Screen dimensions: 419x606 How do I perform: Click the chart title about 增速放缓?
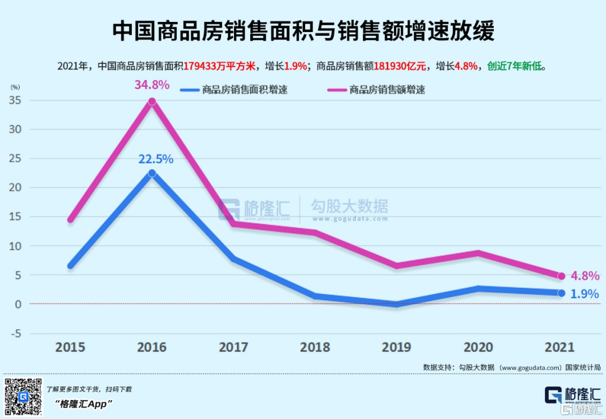[303, 31]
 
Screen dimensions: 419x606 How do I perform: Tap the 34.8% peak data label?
[151, 85]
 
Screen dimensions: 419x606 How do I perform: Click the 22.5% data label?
[155, 159]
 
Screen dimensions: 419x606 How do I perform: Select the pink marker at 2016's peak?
[151, 102]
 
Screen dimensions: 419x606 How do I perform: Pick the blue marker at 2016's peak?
[151, 173]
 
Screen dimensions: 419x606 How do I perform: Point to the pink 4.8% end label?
[585, 276]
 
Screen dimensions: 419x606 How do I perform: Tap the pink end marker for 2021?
[561, 276]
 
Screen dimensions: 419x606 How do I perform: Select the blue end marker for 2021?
[561, 293]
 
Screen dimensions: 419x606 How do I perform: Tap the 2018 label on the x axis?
[315, 347]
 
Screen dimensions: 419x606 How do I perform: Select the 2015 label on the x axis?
[70, 347]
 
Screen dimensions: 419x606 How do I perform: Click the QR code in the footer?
[23, 397]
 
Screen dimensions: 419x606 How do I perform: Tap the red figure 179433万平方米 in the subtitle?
[219, 66]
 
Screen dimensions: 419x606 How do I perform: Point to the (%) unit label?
[15, 87]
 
